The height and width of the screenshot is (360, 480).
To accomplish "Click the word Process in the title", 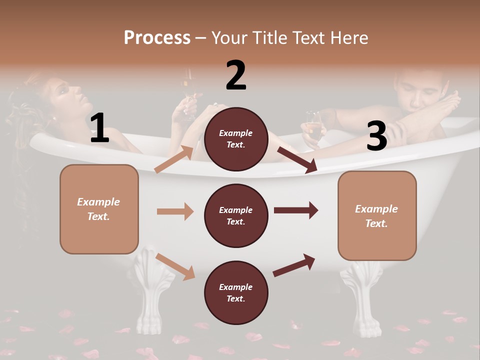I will point(157,37).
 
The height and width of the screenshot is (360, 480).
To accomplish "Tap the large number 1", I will point(99,128).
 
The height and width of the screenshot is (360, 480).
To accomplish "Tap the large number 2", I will point(236,75).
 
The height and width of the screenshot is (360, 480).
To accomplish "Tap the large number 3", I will point(376,136).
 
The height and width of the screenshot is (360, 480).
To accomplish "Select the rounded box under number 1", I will point(99,209).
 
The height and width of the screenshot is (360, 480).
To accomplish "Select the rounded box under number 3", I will point(377,215).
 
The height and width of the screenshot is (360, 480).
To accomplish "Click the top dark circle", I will point(236,139).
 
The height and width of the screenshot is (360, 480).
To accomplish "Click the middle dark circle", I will point(236,215).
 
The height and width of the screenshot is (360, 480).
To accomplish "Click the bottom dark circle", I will point(236,292).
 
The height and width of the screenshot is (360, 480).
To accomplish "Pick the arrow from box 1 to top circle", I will point(174,159).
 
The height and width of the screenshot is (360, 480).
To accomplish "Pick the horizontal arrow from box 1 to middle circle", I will point(175,211).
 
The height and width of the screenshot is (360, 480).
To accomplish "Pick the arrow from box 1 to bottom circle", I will point(175,266).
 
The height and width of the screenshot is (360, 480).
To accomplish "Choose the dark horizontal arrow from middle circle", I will point(296,210).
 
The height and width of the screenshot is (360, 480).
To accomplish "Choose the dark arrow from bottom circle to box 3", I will point(294,265).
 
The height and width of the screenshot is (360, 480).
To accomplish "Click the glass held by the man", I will point(314,126).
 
